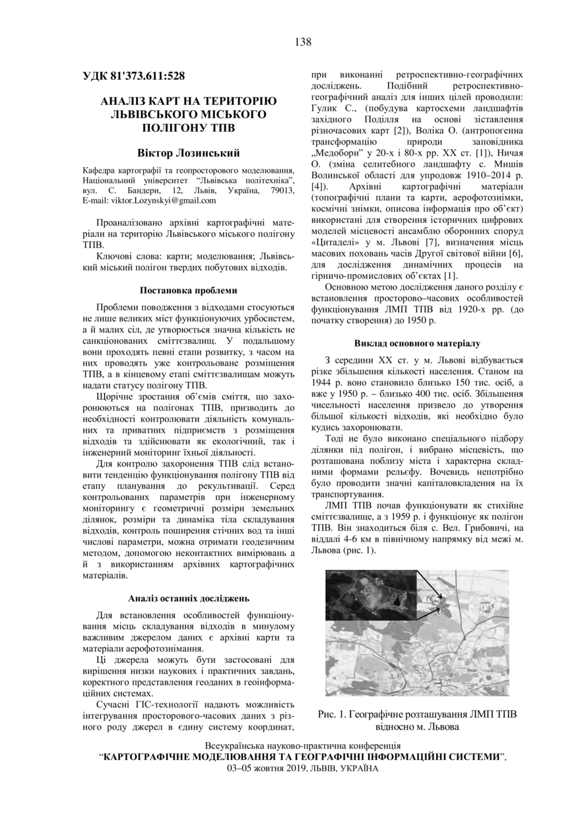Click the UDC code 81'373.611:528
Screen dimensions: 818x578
pos(134,77)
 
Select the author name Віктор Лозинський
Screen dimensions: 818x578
pos(188,152)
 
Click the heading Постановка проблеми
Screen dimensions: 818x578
pos(188,290)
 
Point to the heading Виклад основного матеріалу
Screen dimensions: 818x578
pos(417,344)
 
